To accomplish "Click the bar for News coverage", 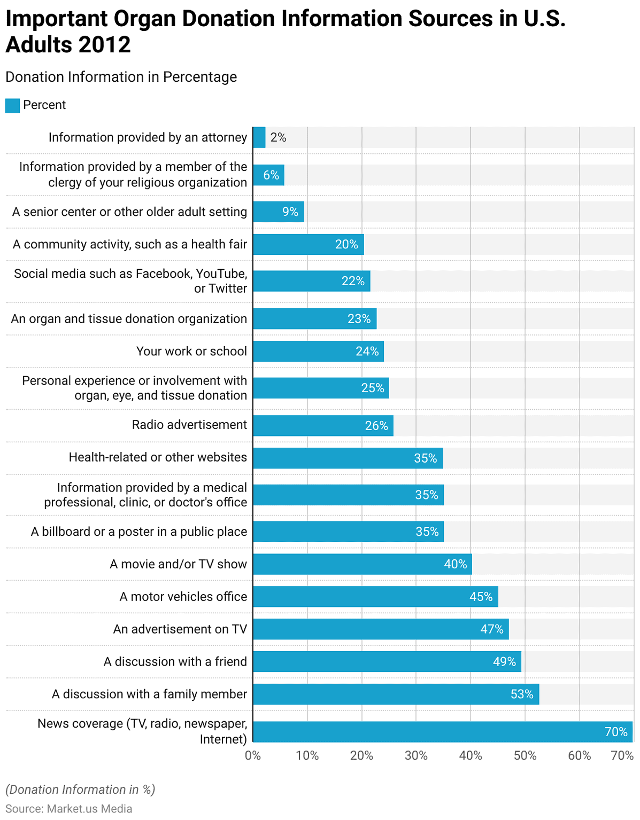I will (442, 731).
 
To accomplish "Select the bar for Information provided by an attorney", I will (259, 137).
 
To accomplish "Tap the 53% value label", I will (521, 694).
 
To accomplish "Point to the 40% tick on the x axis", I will (470, 755).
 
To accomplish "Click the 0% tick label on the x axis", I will (253, 755).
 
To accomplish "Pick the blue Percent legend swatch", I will (12, 105).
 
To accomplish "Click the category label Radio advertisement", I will (189, 425).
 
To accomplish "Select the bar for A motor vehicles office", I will (375, 597).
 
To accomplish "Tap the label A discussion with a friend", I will (175, 661).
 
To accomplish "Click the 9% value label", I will (290, 212).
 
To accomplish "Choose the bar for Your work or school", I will (318, 351).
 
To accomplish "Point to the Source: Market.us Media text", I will (69, 808).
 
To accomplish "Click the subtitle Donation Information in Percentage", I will (121, 77).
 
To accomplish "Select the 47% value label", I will (491, 629).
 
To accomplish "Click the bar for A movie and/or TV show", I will (362, 564).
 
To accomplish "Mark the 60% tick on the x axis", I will (579, 755).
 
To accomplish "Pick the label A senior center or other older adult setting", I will (129, 212).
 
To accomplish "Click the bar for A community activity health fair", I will (308, 244).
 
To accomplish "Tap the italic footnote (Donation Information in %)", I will (80, 790).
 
